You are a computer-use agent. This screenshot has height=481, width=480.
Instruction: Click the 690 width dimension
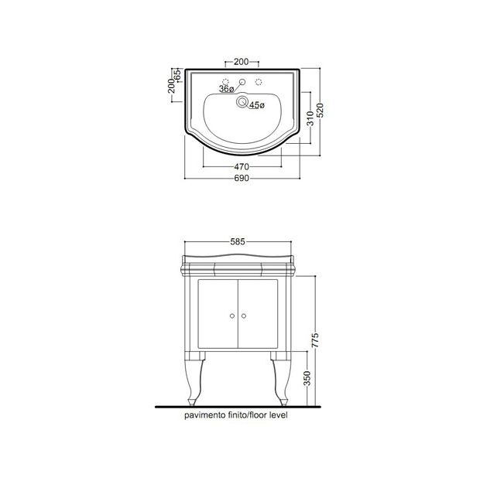[x=242, y=178]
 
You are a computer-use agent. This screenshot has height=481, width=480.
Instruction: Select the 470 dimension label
[x=242, y=167]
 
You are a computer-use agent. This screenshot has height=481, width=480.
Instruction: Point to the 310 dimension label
[x=310, y=118]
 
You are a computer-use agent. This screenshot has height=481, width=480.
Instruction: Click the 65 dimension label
[x=177, y=75]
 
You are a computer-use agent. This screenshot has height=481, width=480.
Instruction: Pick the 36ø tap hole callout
[x=226, y=89]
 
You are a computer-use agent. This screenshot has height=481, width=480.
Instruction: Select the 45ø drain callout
[x=257, y=105]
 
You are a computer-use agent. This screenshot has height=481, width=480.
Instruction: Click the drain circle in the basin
[x=242, y=102]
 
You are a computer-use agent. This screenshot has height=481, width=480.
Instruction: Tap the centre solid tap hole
[x=242, y=82]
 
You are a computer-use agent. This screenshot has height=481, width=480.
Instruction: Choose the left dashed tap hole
[x=226, y=82]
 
